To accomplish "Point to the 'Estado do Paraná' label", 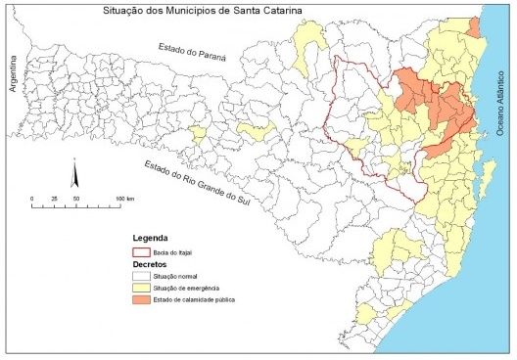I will [193, 52].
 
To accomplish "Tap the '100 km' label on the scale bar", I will [123, 199].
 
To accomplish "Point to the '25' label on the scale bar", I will [54, 199].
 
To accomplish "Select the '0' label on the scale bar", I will [32, 199].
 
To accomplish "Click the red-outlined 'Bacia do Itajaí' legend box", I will [145, 251].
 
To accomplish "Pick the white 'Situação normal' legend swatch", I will [145, 278].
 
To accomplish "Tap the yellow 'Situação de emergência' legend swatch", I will [145, 291].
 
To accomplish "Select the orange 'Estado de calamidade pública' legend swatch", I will [145, 303].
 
